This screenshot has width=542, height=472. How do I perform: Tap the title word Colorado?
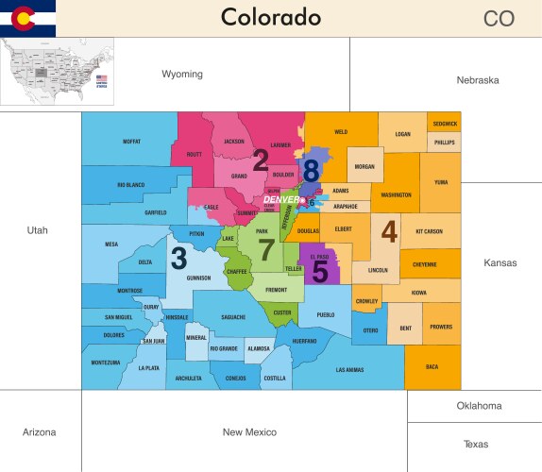(270, 18)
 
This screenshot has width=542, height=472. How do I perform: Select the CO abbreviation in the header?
(499, 19)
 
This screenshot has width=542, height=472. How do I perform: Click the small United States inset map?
(58, 72)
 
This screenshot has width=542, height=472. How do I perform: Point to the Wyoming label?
(181, 75)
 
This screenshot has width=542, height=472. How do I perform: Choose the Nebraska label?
(477, 80)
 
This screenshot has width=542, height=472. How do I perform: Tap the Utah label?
(38, 230)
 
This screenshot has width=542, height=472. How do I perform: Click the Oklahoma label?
(479, 406)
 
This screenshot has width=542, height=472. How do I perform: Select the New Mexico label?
(248, 432)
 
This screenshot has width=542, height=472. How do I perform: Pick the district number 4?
(389, 230)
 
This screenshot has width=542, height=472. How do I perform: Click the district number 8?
(311, 171)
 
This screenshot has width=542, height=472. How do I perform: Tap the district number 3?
(178, 257)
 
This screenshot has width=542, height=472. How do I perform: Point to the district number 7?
(266, 250)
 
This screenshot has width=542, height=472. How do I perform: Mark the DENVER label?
(280, 199)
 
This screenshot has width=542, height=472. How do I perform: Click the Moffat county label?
(131, 142)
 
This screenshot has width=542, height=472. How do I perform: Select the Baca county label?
(432, 366)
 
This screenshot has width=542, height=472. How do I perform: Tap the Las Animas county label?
(348, 370)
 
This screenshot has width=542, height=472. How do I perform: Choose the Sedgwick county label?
(445, 124)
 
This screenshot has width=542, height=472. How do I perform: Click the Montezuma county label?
(106, 362)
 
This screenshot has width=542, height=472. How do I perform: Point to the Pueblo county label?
(326, 315)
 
